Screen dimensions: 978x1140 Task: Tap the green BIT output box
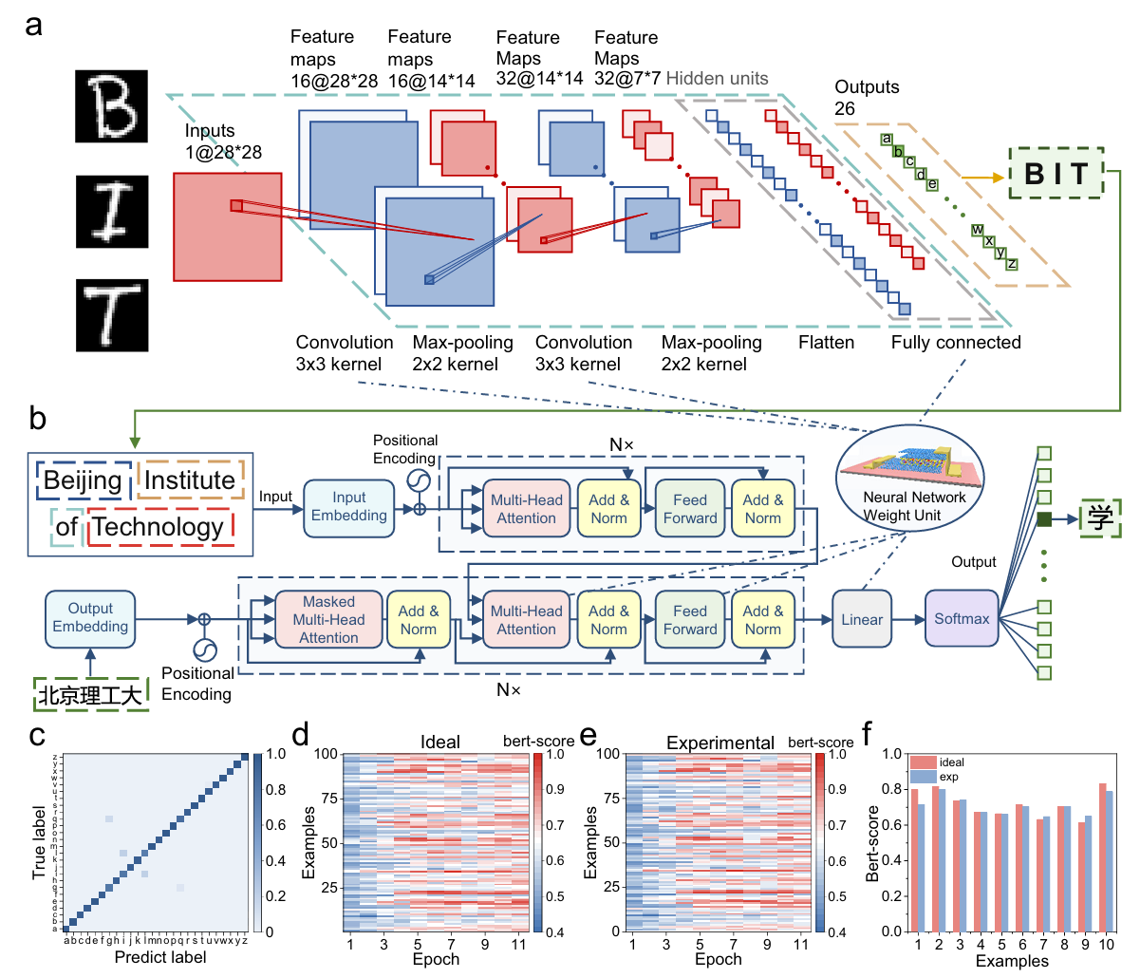pyautogui.click(x=1056, y=173)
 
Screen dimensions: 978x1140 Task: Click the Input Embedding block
pyautogui.click(x=348, y=507)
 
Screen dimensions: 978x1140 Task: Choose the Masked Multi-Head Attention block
pyautogui.click(x=328, y=620)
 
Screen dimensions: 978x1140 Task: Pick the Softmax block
pyautogui.click(x=962, y=619)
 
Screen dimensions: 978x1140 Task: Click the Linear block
pyautogui.click(x=862, y=620)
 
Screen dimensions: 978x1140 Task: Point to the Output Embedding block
pyautogui.click(x=90, y=618)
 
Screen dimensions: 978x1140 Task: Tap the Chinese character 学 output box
pyautogui.click(x=1100, y=518)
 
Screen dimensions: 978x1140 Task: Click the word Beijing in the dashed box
pyautogui.click(x=83, y=480)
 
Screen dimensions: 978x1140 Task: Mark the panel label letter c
pyautogui.click(x=37, y=736)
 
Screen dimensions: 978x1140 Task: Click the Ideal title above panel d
pyautogui.click(x=439, y=742)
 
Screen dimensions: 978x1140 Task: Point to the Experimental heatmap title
pyautogui.click(x=720, y=743)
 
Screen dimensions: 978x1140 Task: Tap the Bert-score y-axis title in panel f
pyautogui.click(x=873, y=843)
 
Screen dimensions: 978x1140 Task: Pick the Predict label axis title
pyautogui.click(x=160, y=957)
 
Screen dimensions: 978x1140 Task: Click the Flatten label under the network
pyautogui.click(x=826, y=343)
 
